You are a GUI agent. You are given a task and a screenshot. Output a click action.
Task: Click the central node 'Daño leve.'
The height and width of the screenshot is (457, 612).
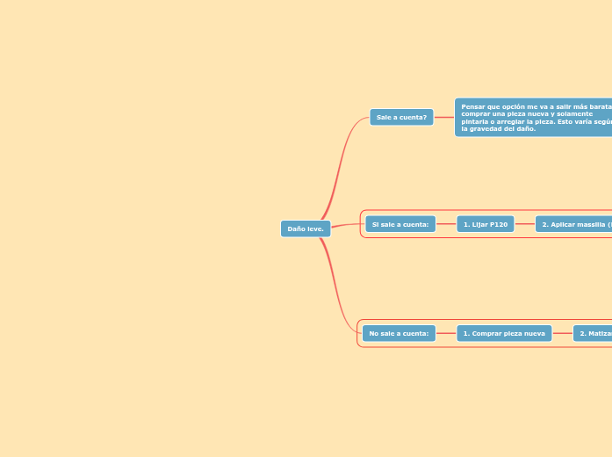click(x=306, y=228)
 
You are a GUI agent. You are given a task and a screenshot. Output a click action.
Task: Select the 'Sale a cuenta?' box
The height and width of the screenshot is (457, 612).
click(x=401, y=117)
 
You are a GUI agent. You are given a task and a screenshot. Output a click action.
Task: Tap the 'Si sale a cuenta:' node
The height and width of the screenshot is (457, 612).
click(x=400, y=224)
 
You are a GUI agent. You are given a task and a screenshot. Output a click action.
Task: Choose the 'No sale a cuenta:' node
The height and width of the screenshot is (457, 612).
click(x=400, y=333)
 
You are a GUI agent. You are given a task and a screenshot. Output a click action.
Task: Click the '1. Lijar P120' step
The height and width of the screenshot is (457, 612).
click(x=485, y=224)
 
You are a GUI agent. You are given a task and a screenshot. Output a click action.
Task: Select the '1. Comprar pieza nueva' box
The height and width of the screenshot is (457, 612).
click(x=504, y=333)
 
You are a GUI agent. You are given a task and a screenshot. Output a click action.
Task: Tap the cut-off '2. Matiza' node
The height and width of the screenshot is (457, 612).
click(x=593, y=333)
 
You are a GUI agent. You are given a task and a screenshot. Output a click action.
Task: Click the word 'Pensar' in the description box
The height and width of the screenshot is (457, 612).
click(x=472, y=106)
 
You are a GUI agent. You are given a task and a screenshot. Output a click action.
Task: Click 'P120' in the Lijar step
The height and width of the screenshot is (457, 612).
click(x=499, y=224)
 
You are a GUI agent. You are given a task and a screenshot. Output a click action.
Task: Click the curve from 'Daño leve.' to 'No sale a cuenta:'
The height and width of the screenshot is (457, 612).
click(x=338, y=290)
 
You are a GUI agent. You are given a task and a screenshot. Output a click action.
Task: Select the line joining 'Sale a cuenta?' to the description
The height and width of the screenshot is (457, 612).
click(x=443, y=117)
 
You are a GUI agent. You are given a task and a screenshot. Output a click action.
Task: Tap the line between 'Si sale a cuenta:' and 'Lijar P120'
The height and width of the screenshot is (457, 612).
click(x=445, y=224)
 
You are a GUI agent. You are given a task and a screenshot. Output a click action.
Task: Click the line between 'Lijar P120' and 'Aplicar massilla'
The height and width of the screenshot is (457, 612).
click(x=524, y=224)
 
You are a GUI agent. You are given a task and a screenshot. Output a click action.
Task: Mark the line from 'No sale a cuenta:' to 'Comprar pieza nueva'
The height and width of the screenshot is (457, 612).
click(x=445, y=333)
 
